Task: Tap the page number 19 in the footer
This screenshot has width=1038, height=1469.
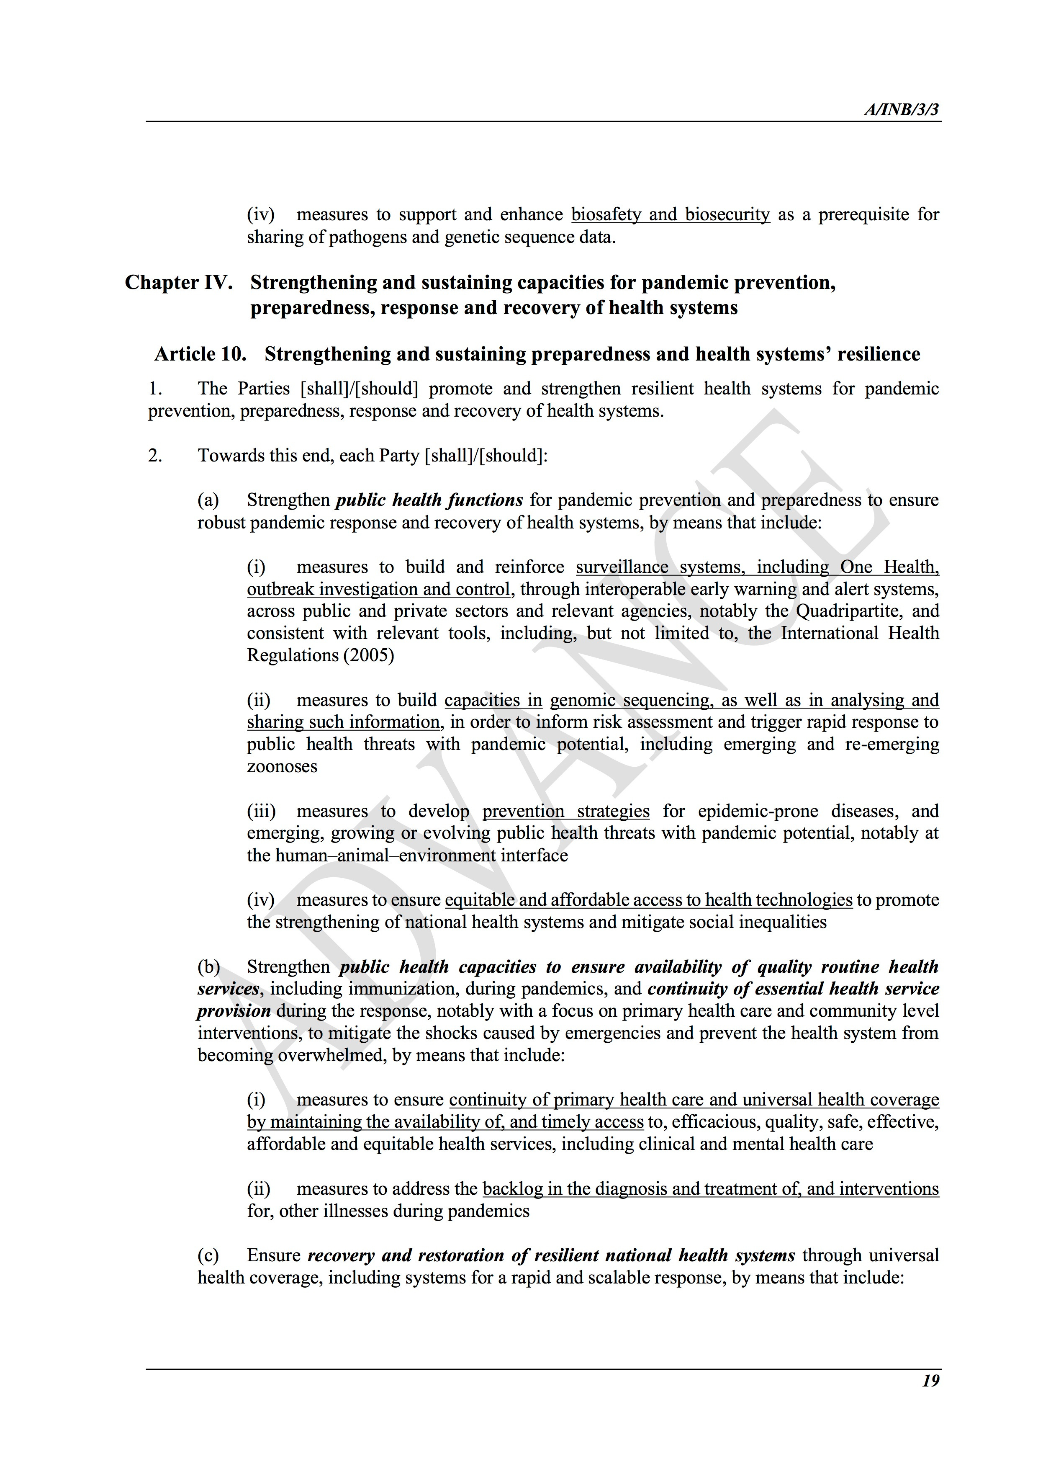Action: click(x=930, y=1381)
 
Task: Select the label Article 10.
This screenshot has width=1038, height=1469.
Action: click(x=200, y=354)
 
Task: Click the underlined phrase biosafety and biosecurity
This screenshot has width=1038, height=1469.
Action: click(x=670, y=214)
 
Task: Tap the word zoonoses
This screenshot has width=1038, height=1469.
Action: click(x=282, y=766)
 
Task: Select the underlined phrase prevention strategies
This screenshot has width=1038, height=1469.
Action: click(x=565, y=811)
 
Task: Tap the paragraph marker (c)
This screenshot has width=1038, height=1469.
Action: click(x=208, y=1255)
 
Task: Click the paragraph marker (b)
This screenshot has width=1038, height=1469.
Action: click(x=208, y=967)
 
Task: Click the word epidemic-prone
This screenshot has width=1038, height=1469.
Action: click(x=758, y=811)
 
